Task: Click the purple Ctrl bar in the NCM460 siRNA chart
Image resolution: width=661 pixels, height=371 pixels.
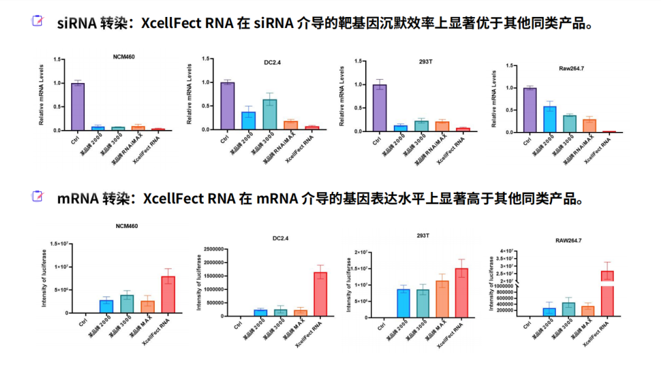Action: coord(78,106)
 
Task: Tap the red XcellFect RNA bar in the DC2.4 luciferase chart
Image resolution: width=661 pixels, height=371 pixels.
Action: coord(320,294)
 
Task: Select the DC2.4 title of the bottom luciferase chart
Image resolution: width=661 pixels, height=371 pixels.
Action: coord(282,238)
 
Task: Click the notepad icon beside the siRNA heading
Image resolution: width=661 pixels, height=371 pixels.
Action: coord(37,22)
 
